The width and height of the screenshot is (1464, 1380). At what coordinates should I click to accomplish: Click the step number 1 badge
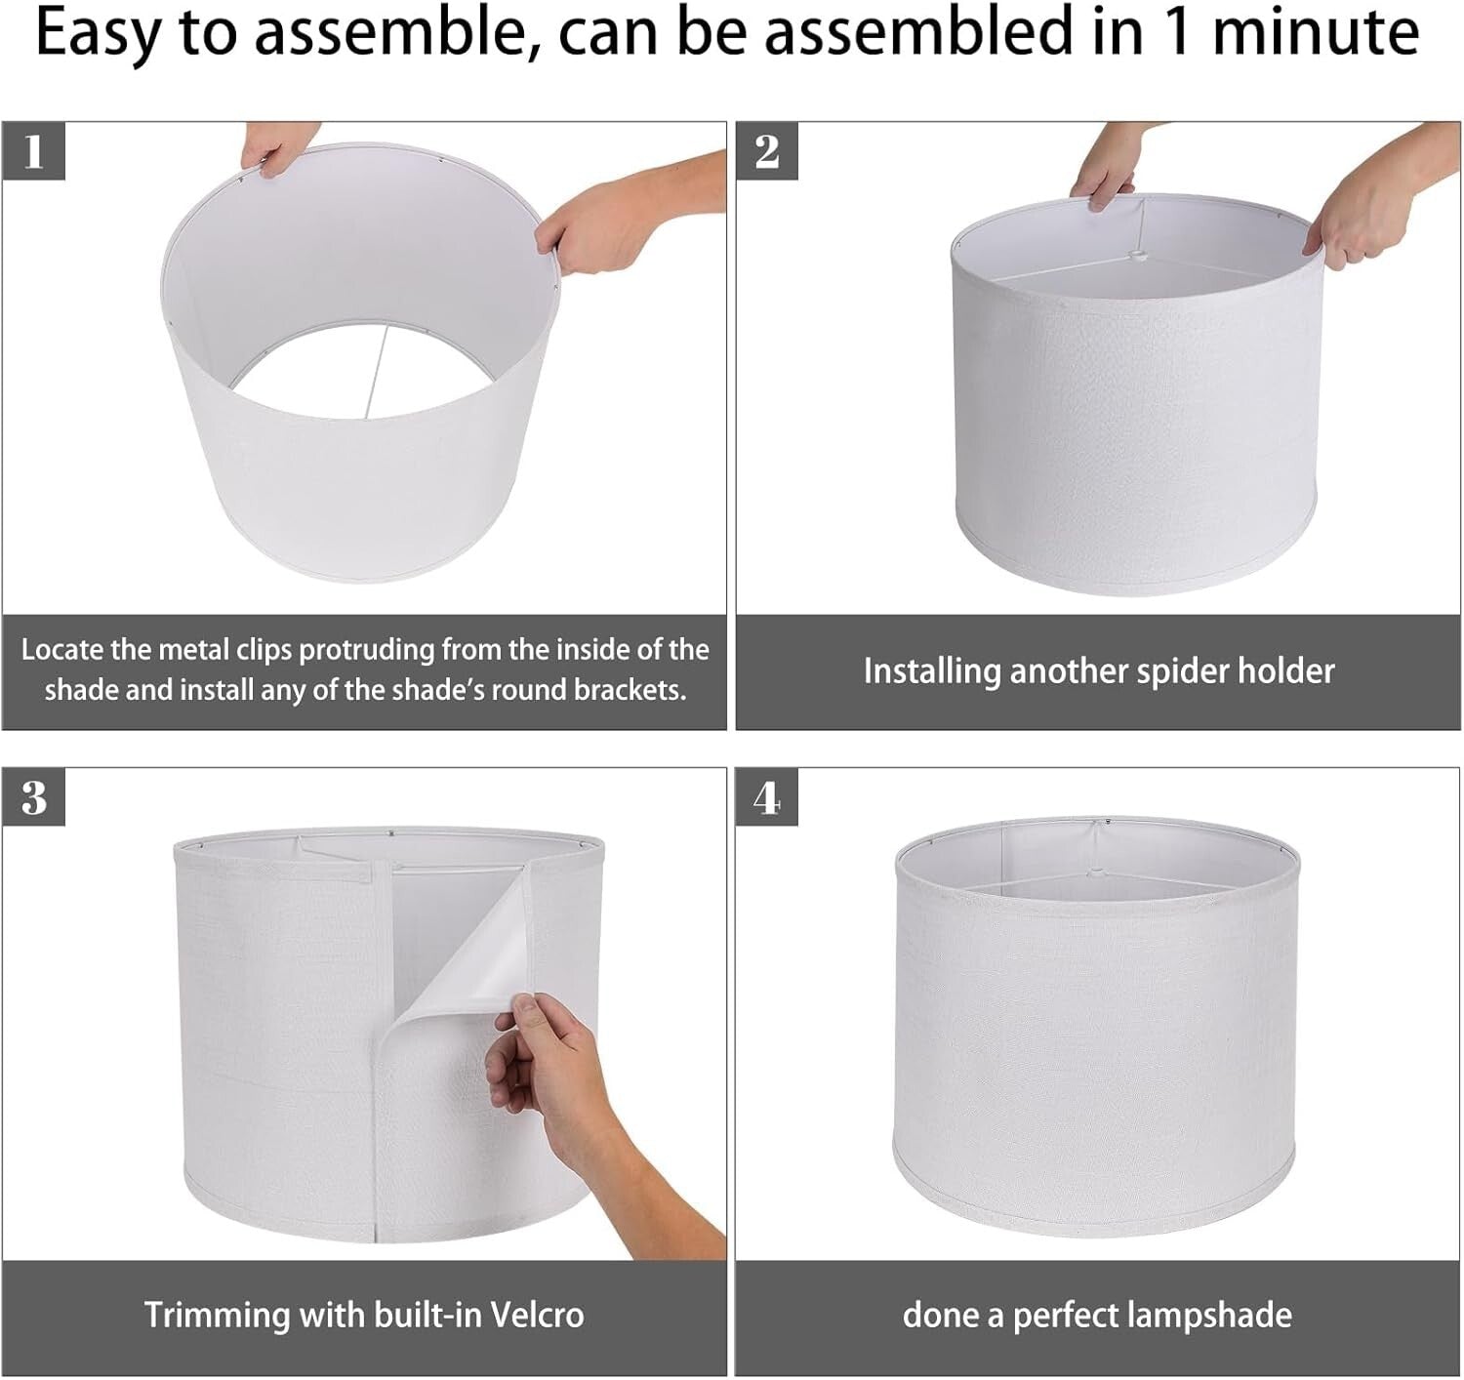tap(34, 151)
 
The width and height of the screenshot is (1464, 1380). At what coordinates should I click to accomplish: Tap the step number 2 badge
tap(767, 151)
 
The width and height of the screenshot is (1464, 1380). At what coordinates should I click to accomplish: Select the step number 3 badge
tap(34, 797)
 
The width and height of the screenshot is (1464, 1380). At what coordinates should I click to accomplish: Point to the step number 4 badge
tap(766, 797)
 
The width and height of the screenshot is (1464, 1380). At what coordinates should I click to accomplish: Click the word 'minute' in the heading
tap(1315, 31)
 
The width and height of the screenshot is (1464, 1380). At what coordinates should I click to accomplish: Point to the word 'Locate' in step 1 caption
tap(61, 649)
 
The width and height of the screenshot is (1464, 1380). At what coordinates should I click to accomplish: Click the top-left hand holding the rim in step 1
tap(276, 147)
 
